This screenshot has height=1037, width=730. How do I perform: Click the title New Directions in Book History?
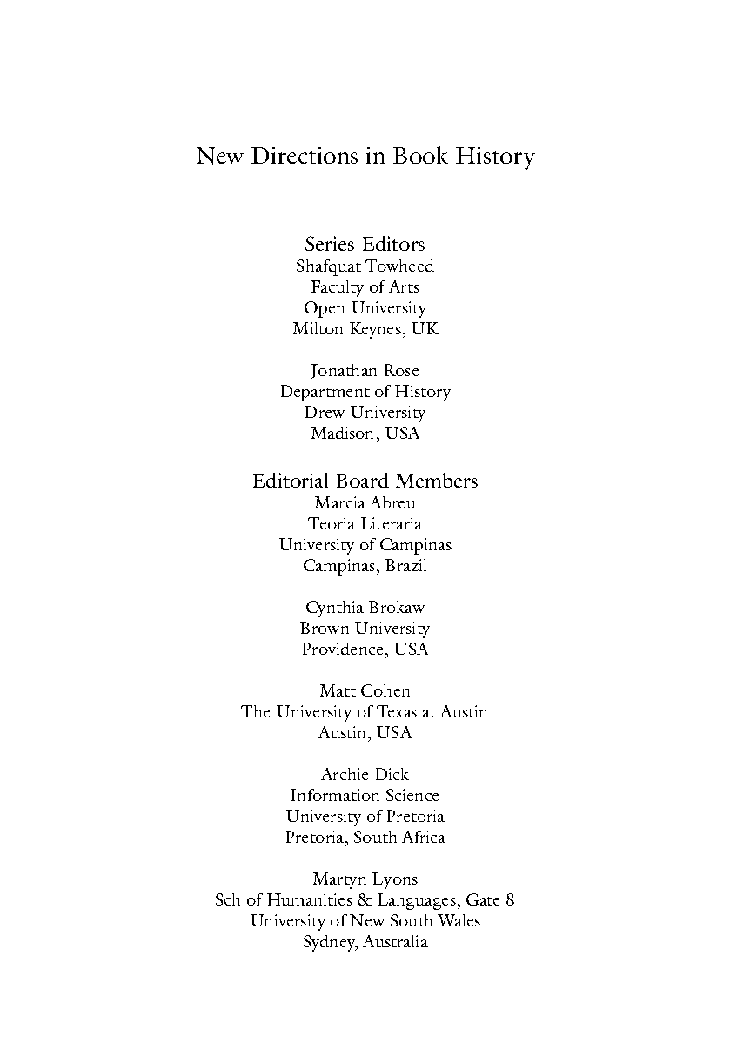365,157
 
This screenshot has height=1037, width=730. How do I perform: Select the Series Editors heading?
365,245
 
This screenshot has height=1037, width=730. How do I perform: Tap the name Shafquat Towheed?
365,266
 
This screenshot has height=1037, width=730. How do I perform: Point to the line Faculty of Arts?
365,287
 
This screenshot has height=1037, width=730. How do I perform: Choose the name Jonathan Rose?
365,371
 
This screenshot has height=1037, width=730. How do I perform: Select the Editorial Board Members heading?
365,481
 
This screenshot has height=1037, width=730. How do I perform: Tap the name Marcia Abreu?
365,503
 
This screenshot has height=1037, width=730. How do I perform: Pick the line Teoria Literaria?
365,524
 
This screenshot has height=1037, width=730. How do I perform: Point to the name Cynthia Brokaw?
365,608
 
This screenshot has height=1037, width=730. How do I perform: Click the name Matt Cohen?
365,691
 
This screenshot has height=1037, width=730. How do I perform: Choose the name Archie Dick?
365,775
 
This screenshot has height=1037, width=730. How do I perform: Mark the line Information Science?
365,796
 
